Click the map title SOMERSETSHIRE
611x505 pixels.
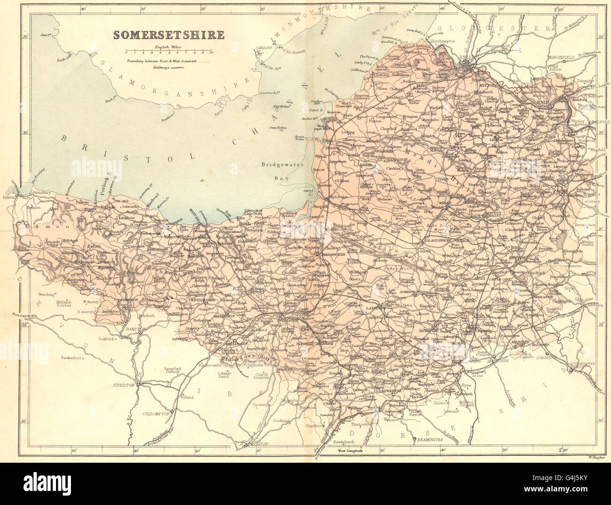click(167, 35)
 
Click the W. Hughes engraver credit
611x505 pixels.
click(596, 455)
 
